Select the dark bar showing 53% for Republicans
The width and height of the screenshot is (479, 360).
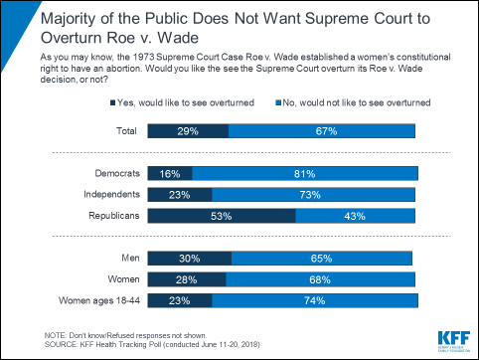click(x=221, y=215)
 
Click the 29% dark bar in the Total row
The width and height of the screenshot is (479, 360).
click(x=187, y=130)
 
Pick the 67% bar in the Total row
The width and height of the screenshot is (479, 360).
click(x=321, y=130)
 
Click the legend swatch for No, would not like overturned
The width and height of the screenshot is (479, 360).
click(x=275, y=102)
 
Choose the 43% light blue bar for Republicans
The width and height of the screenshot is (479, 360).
click(x=355, y=215)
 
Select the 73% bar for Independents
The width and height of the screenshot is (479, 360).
click(x=313, y=193)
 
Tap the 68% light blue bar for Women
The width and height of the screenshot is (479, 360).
click(x=320, y=277)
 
